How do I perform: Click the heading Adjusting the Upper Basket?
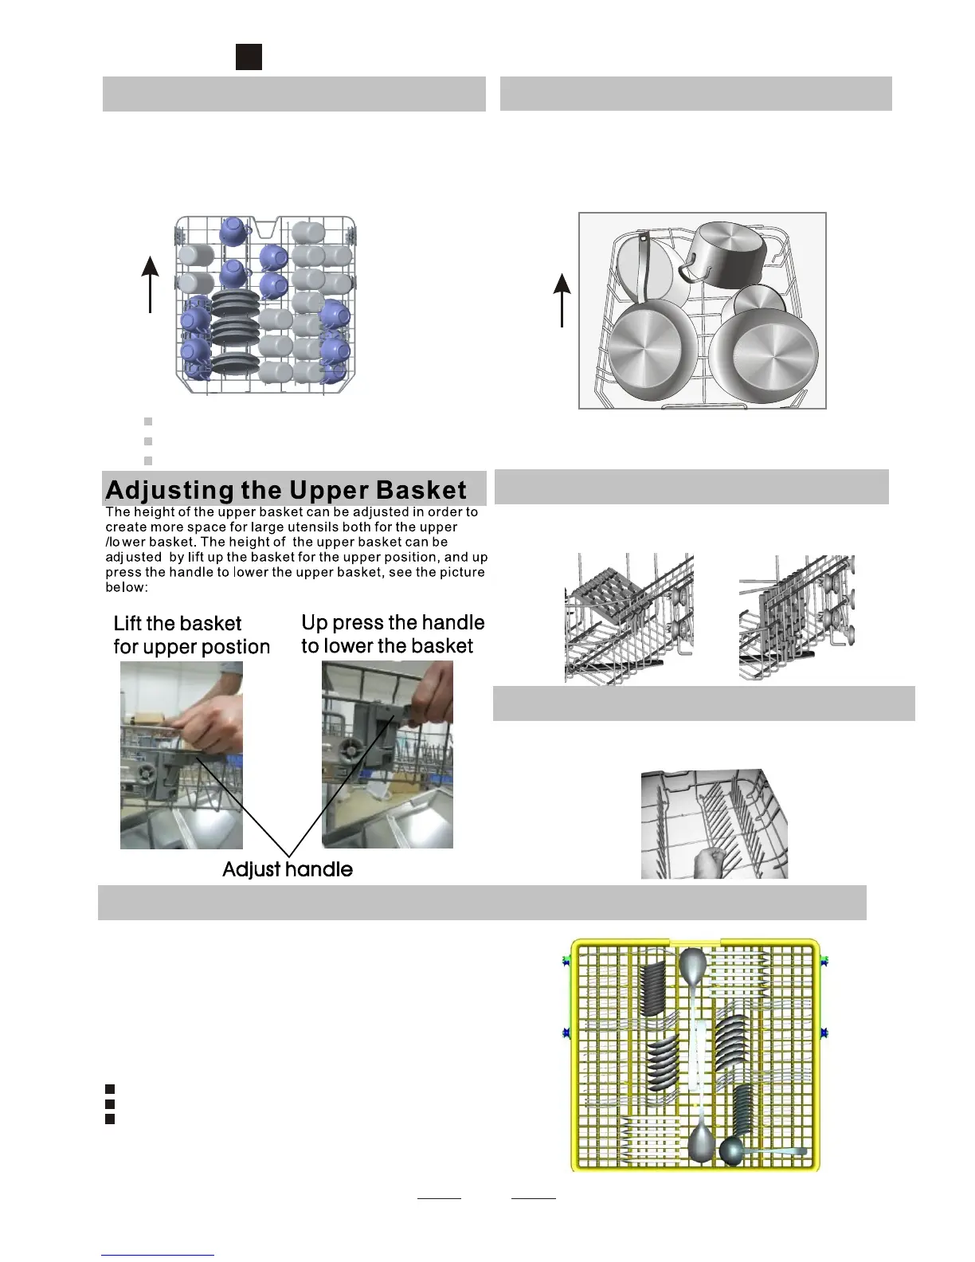pyautogui.click(x=286, y=489)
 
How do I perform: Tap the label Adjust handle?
pyautogui.click(x=287, y=868)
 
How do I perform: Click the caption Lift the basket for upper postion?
pyautogui.click(x=191, y=634)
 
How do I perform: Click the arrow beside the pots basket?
pyautogui.click(x=562, y=299)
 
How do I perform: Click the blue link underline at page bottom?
pyautogui.click(x=158, y=1255)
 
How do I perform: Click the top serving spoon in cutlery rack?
pyautogui.click(x=692, y=968)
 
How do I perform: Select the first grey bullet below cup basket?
pyautogui.click(x=148, y=421)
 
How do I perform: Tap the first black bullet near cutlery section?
pyautogui.click(x=110, y=1088)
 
